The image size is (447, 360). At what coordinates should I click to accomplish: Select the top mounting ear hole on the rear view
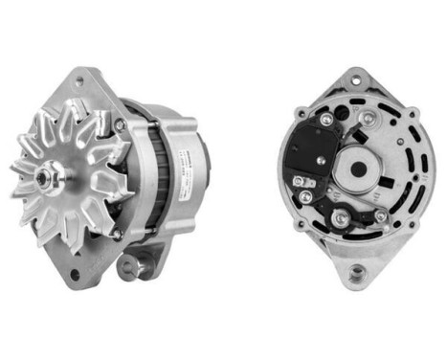pos(359,75)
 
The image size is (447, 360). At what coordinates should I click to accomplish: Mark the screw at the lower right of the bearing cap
pos(380,216)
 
